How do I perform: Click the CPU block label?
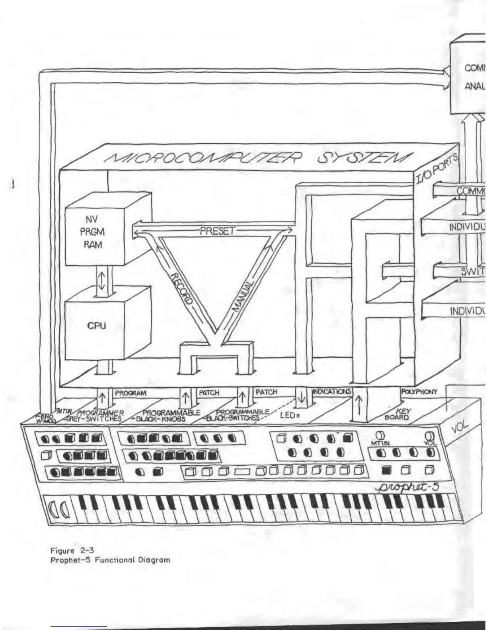(x=96, y=325)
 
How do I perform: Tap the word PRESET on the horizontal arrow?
(x=217, y=231)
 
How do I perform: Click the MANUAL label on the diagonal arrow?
(x=243, y=297)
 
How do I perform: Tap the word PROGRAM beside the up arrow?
(x=131, y=393)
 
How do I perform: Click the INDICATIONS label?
(x=332, y=392)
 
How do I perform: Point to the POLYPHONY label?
(x=419, y=392)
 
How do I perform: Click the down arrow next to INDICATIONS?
(x=302, y=397)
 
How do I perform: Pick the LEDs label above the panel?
(x=289, y=416)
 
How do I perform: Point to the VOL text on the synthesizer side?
(x=461, y=428)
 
